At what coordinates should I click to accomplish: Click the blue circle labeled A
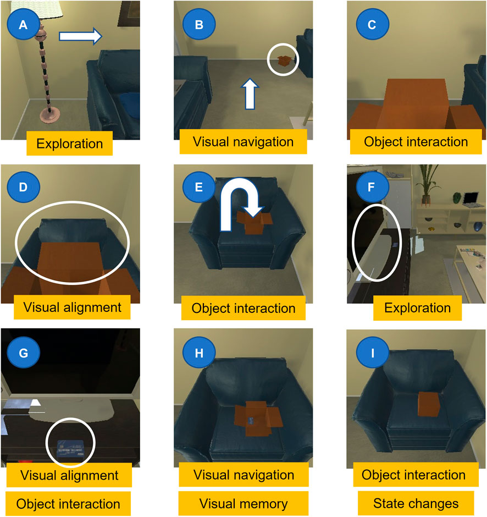pyautogui.click(x=23, y=25)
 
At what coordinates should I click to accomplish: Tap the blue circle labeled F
pyautogui.click(x=372, y=188)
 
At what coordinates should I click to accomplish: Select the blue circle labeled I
pyautogui.click(x=373, y=353)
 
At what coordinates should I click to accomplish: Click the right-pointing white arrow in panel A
pyautogui.click(x=80, y=36)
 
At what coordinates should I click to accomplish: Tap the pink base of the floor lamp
pyautogui.click(x=50, y=114)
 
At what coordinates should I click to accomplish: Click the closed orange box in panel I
pyautogui.click(x=429, y=404)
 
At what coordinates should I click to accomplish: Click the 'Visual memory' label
pyautogui.click(x=244, y=504)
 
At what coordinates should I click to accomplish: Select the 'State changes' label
pyautogui.click(x=416, y=503)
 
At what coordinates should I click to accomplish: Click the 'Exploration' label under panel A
pyautogui.click(x=69, y=144)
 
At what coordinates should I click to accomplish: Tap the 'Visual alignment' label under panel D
pyautogui.click(x=72, y=307)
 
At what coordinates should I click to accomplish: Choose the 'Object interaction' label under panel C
pyautogui.click(x=416, y=142)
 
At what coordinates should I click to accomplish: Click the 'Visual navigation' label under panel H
pyautogui.click(x=244, y=475)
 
